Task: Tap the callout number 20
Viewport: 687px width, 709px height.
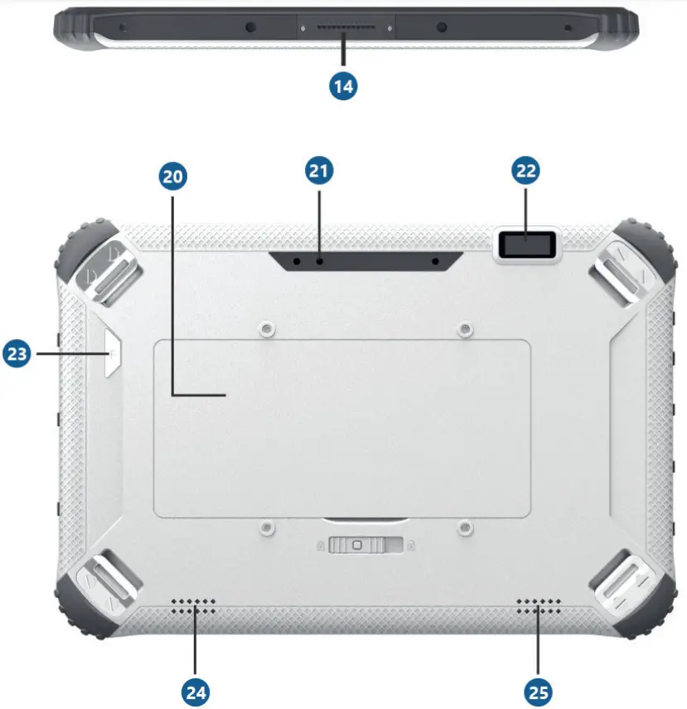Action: pyautogui.click(x=173, y=176)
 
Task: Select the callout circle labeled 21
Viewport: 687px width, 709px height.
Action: pyautogui.click(x=320, y=171)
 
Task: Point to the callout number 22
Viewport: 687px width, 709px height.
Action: pyautogui.click(x=526, y=171)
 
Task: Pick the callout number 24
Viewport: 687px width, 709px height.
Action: pyautogui.click(x=196, y=692)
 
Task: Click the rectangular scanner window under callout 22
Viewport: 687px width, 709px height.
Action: pyautogui.click(x=526, y=246)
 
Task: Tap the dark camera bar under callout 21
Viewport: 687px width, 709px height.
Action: pyautogui.click(x=365, y=261)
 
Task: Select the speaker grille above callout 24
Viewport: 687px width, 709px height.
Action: pyautogui.click(x=194, y=606)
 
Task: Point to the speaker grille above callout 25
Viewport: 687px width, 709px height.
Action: pyautogui.click(x=539, y=606)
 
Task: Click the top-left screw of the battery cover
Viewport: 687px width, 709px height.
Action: pyautogui.click(x=264, y=330)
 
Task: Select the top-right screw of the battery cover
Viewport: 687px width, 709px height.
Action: pyautogui.click(x=466, y=330)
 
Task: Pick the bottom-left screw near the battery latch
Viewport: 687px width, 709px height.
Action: pyautogui.click(x=264, y=527)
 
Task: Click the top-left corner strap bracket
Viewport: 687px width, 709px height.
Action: pyautogui.click(x=103, y=266)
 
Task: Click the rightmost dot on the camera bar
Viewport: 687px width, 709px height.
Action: pyautogui.click(x=435, y=261)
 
